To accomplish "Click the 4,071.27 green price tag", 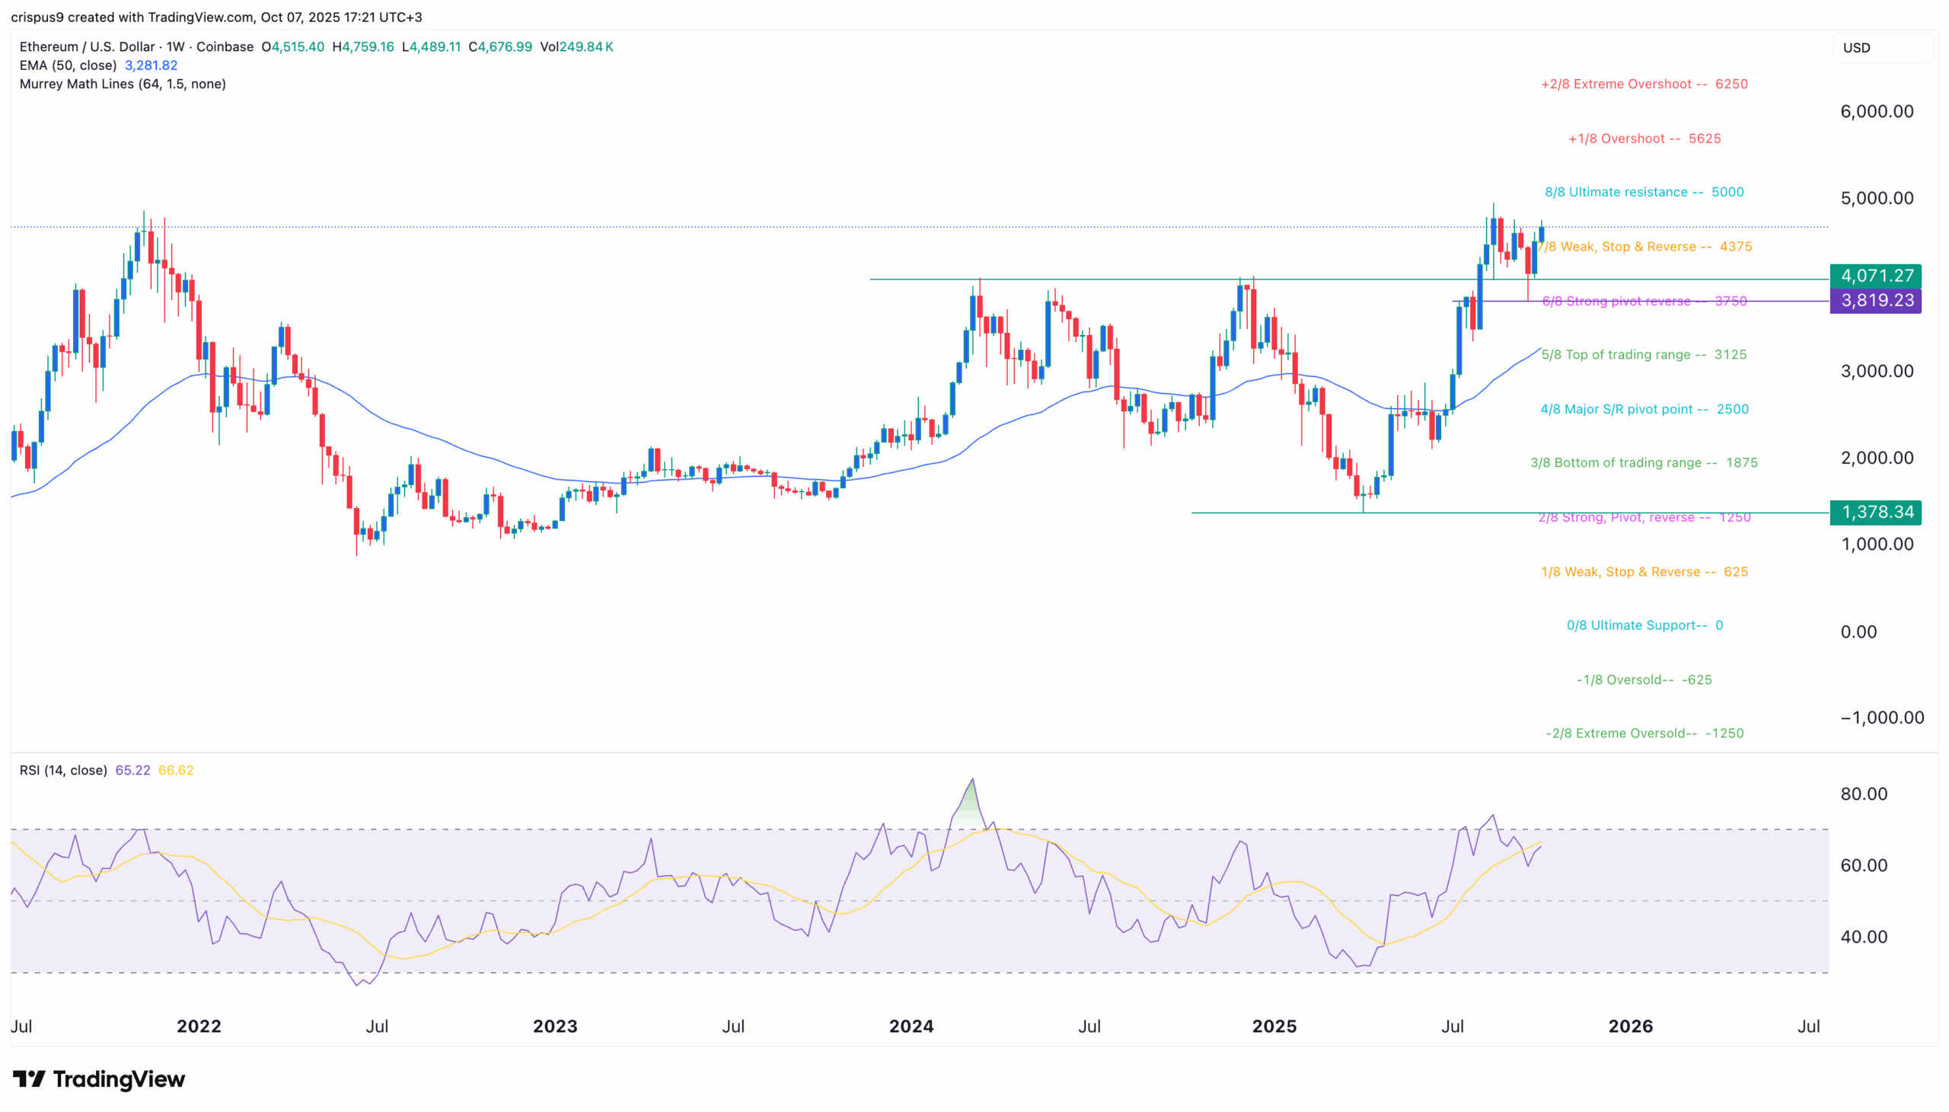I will click(x=1875, y=276).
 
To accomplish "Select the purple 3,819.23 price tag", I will click(x=1875, y=300).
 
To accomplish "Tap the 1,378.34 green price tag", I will click(x=1875, y=512).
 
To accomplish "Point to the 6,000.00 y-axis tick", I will click(x=1876, y=111).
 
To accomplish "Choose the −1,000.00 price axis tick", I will click(x=1881, y=717).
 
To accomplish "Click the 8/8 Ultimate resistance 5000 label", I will click(x=1644, y=192).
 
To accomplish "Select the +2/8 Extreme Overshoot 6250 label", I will click(x=1644, y=84).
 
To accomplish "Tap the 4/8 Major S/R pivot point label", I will click(x=1644, y=409).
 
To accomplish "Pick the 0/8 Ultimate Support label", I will click(x=1644, y=625).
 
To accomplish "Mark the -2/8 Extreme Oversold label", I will click(x=1644, y=733).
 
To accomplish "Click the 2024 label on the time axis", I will click(x=911, y=1026).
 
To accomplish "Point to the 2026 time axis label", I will click(x=1630, y=1026).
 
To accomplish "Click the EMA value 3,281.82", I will click(x=152, y=66).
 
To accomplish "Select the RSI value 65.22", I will click(x=132, y=770).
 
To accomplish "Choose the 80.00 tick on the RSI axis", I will click(x=1864, y=794).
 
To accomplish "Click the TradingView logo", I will click(x=99, y=1078).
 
